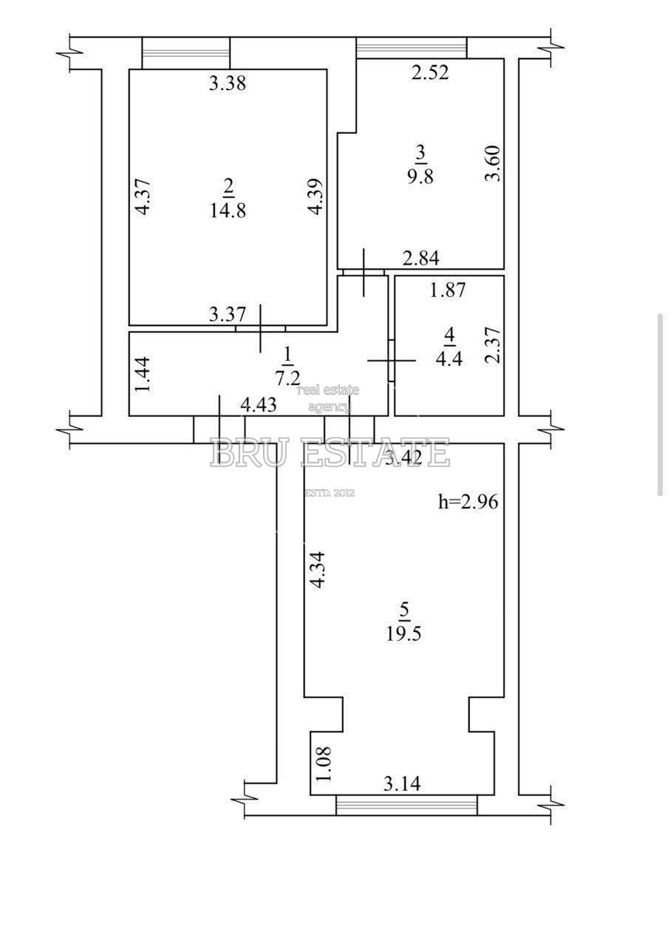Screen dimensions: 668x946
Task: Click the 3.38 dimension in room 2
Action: (x=227, y=84)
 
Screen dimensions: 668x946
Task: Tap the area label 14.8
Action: (x=228, y=211)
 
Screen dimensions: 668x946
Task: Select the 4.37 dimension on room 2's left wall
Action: (x=144, y=197)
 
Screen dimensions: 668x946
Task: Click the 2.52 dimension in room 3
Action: (x=430, y=72)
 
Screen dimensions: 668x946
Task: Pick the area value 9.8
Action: (x=420, y=176)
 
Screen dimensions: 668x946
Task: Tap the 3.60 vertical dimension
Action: (x=492, y=163)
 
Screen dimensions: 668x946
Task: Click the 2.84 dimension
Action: (x=420, y=258)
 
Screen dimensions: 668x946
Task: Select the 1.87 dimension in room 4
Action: (x=448, y=290)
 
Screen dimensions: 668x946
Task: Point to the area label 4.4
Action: (x=449, y=358)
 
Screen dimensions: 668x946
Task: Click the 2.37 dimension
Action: (x=492, y=345)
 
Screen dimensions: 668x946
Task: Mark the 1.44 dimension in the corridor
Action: (x=143, y=375)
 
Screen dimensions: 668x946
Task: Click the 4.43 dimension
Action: (x=259, y=405)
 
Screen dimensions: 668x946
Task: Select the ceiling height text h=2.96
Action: (x=468, y=502)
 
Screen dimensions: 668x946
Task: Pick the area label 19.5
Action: (x=403, y=634)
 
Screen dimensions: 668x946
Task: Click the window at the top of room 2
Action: (x=185, y=53)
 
